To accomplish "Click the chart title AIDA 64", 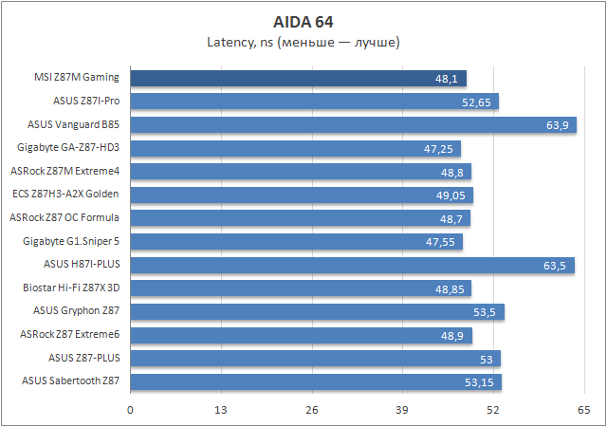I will click(303, 22).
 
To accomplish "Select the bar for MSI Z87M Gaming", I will click(298, 78).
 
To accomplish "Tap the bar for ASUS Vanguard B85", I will click(353, 124).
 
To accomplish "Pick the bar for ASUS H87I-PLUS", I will click(351, 265).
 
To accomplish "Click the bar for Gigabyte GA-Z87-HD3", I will click(295, 148).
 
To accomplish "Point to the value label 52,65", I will click(476, 102).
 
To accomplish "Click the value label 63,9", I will click(557, 125).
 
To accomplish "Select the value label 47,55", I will click(441, 242).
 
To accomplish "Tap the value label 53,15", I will click(479, 382).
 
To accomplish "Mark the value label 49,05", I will click(451, 195).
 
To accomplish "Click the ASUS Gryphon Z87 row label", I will click(77, 310).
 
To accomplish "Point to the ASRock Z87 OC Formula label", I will click(65, 217).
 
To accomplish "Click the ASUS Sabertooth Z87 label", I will click(71, 381).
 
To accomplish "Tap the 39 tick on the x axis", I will click(402, 410).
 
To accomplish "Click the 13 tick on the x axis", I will click(221, 410).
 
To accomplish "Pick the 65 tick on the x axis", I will click(583, 410).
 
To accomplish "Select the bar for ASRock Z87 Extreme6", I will click(301, 335).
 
